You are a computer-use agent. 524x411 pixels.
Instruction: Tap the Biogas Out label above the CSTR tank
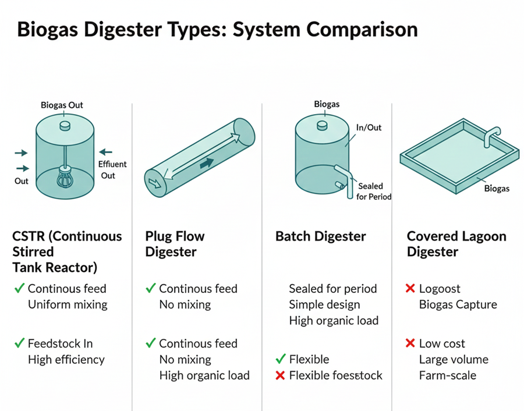[62, 105]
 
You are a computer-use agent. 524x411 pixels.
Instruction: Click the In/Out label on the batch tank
[369, 127]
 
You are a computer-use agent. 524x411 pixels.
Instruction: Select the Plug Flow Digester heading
[175, 244]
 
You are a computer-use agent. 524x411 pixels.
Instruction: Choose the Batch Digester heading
[320, 236]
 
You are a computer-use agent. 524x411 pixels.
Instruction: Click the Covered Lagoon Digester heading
[456, 244]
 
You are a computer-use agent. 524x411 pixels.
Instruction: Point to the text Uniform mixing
[68, 304]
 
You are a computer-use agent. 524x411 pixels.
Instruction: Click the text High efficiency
[66, 360]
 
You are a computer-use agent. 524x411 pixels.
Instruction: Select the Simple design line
[324, 304]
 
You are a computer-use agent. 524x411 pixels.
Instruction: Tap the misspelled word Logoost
[440, 289]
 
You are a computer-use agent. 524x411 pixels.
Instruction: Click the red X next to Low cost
[410, 343]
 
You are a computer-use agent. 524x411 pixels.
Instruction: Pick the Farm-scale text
[447, 375]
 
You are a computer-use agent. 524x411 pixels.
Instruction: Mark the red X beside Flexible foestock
[279, 375]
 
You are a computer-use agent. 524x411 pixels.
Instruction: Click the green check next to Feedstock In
[19, 343]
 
